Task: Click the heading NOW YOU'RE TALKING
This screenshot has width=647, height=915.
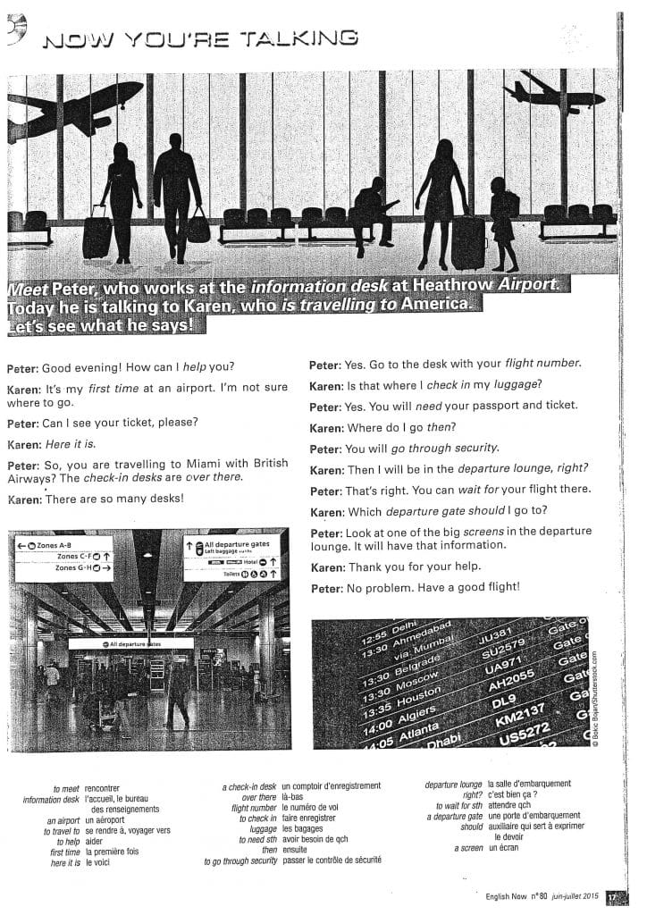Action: coord(200,38)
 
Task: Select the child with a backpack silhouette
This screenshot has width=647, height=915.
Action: coord(503,229)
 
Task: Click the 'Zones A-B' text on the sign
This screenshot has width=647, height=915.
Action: coord(55,545)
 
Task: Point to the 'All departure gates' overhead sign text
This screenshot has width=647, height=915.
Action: coord(234,544)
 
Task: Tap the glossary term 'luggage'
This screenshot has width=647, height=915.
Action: coord(263,828)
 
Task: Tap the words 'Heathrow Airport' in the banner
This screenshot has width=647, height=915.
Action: coord(488,287)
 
